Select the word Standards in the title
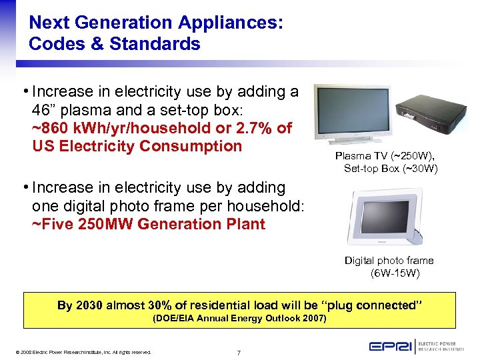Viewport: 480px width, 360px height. (x=159, y=45)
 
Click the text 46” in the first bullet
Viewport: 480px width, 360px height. (x=44, y=109)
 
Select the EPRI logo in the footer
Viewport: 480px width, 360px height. (x=389, y=347)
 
